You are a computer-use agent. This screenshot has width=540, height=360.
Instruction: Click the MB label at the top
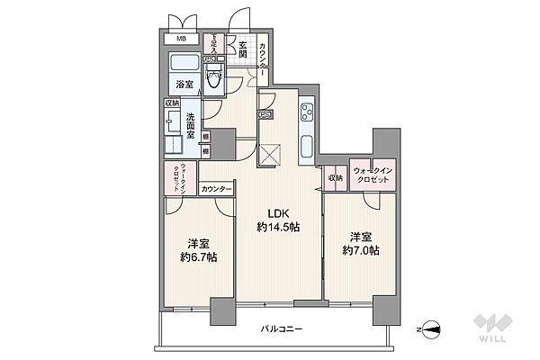click(x=181, y=38)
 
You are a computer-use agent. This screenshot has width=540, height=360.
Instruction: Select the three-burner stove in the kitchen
click(x=306, y=112)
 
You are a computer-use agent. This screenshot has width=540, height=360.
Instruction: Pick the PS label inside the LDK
click(x=265, y=114)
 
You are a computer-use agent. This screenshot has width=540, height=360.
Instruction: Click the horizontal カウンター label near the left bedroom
click(x=216, y=189)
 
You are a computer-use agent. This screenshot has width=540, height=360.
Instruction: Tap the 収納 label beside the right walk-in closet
click(x=336, y=177)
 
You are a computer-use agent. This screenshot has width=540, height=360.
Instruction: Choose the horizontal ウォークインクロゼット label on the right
click(x=372, y=176)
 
